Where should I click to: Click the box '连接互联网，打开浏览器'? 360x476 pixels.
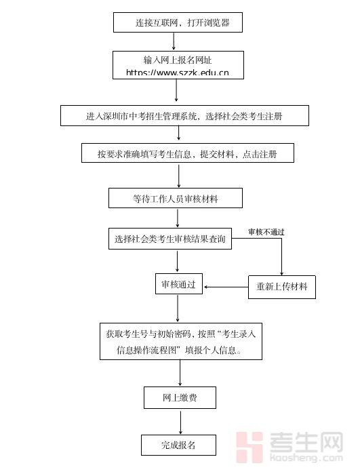(178, 22)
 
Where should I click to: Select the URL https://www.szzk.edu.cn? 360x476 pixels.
(178, 72)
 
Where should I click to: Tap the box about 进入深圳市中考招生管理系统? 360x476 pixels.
(184, 116)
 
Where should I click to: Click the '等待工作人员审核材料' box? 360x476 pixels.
(176, 198)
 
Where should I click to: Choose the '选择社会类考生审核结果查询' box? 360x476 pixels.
(170, 239)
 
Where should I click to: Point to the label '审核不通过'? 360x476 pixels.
(266, 232)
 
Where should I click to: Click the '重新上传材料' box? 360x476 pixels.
(281, 287)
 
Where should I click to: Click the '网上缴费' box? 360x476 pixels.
(180, 398)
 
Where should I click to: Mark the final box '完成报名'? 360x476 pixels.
(178, 445)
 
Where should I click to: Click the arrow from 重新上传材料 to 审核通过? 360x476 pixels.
(226, 287)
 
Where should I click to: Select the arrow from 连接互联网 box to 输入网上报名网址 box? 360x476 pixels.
(174, 41)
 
